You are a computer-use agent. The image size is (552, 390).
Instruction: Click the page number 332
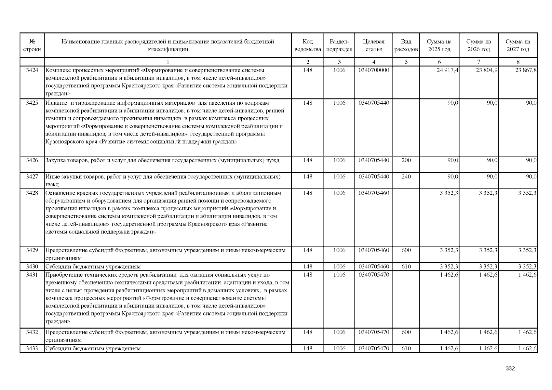pyautogui.click(x=510, y=369)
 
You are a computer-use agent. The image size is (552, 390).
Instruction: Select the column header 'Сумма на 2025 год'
pyautogui.click(x=439, y=45)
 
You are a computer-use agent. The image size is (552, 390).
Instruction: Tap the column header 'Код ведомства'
pyautogui.click(x=307, y=45)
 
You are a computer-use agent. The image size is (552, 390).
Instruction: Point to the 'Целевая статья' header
pyautogui.click(x=373, y=45)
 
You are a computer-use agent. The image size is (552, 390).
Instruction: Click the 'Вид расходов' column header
pyautogui.click(x=406, y=45)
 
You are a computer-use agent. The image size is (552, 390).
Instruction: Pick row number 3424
pyautogui.click(x=32, y=70)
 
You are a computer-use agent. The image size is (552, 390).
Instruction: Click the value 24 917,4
pyautogui.click(x=448, y=70)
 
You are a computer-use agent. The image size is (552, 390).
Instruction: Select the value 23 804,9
pyautogui.click(x=487, y=70)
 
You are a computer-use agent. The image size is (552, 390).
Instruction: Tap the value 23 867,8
pyautogui.click(x=526, y=70)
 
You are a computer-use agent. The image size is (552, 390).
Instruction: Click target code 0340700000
pyautogui.click(x=374, y=70)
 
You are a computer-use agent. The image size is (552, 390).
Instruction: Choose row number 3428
pyautogui.click(x=32, y=193)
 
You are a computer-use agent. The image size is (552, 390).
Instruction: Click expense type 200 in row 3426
pyautogui.click(x=406, y=160)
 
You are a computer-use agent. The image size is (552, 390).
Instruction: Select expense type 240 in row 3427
pyautogui.click(x=406, y=177)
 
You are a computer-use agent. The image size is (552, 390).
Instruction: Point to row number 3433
pyautogui.click(x=32, y=348)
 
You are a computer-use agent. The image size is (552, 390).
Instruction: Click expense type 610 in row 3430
pyautogui.click(x=406, y=266)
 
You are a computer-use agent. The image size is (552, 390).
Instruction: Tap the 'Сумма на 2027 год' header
pyautogui.click(x=518, y=45)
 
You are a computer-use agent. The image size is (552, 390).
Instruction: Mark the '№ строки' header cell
pyautogui.click(x=32, y=45)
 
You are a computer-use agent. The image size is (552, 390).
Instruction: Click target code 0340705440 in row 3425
pyautogui.click(x=374, y=103)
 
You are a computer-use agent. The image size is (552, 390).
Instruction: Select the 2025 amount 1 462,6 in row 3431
pyautogui.click(x=449, y=275)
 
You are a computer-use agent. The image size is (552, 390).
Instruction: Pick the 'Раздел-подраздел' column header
pyautogui.click(x=339, y=45)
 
